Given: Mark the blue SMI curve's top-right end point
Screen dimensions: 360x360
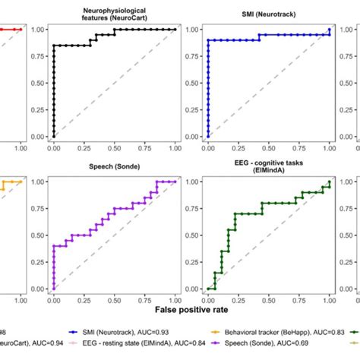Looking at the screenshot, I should click(x=330, y=30).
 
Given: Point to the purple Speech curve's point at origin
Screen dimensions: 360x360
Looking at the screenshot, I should click(x=53, y=289).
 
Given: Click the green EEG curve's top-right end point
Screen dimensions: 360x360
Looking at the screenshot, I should click(x=330, y=182).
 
